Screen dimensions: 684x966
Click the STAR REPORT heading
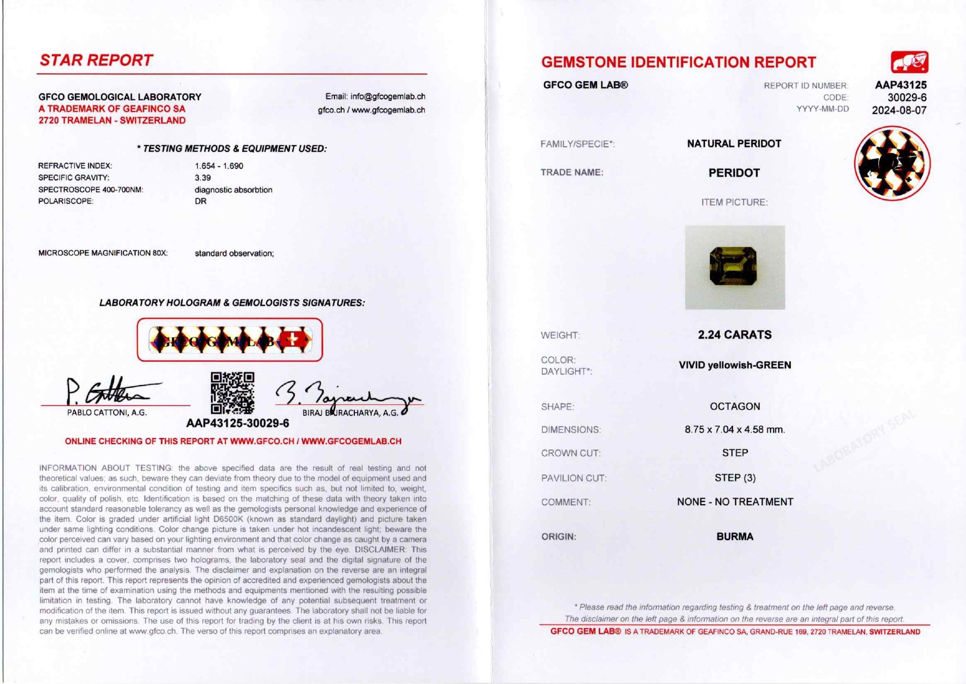tap(96, 60)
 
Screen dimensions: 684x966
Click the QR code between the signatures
tap(232, 393)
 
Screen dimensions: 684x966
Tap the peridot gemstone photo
tap(733, 266)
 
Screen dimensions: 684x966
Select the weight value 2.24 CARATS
tap(735, 335)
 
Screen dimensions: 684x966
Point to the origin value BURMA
tap(735, 537)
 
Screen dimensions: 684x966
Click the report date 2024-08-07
tap(899, 110)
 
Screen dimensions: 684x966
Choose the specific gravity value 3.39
tap(203, 178)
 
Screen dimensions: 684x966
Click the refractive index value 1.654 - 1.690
tap(219, 166)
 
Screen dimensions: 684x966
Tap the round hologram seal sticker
tap(892, 163)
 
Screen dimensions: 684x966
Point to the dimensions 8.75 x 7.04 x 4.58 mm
tap(735, 430)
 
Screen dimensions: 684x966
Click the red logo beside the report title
tap(909, 62)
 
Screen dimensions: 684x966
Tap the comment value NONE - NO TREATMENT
tap(735, 502)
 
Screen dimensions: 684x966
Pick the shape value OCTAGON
tap(735, 407)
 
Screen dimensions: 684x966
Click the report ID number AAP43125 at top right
tap(900, 85)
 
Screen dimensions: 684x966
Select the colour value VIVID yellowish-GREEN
tap(735, 365)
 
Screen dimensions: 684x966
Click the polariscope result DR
tap(201, 201)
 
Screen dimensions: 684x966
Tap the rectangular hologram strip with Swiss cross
tap(230, 340)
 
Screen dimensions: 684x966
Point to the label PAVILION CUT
tap(574, 478)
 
